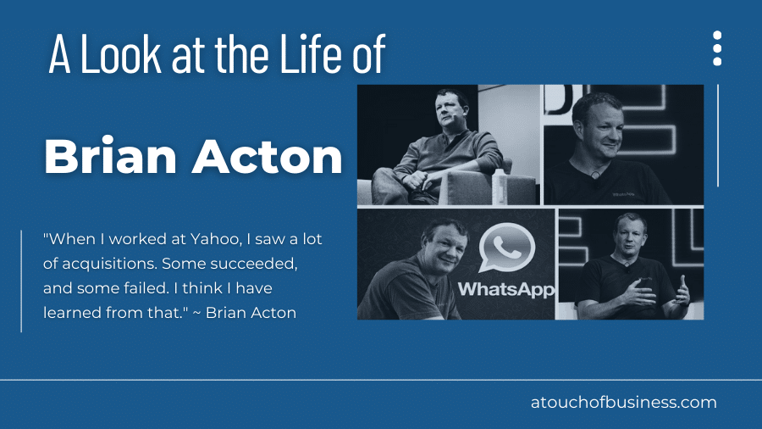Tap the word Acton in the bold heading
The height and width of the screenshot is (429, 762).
pos(268,157)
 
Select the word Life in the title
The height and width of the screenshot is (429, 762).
pos(312,53)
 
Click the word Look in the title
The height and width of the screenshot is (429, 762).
pos(120,53)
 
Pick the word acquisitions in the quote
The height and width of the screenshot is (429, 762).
pos(110,265)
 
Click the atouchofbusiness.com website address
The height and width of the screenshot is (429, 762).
pos(623,403)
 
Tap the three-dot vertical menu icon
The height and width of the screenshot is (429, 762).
pos(717,48)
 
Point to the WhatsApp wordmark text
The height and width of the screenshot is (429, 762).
pos(506,289)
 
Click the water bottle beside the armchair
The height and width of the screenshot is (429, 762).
pos(499,187)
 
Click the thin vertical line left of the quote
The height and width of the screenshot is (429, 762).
pos(21,281)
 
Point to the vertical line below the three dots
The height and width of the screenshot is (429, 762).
pos(718,135)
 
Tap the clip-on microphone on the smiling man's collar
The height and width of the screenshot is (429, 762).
pos(595,175)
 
